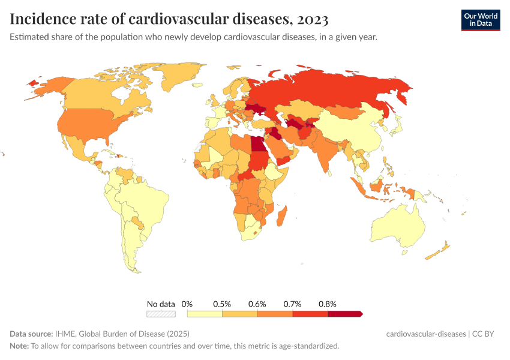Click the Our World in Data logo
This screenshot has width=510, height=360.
coord(480,20)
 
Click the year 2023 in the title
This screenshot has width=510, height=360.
coord(311,20)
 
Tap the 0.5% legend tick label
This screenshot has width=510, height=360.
coord(223,304)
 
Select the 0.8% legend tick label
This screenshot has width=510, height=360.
coord(328,304)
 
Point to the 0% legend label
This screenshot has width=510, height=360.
coord(187,304)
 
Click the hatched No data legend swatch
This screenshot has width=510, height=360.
coord(161,313)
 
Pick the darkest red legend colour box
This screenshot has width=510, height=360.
coord(344,313)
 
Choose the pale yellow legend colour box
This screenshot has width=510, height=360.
coord(205,313)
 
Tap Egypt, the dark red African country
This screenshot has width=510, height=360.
coord(256,144)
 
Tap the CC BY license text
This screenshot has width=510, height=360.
coord(486,334)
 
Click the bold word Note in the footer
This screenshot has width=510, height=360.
coord(19,346)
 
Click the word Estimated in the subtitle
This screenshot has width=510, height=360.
coord(29,37)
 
